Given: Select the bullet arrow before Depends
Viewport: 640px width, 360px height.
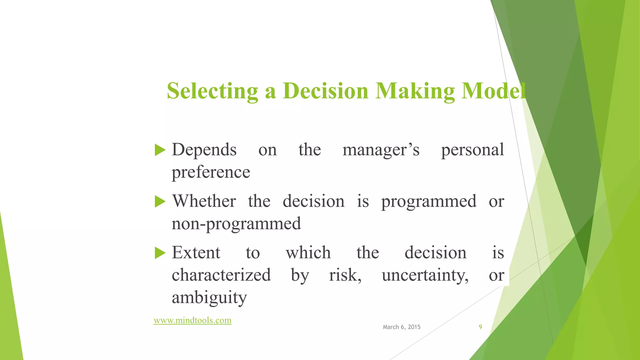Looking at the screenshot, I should pyautogui.click(x=160, y=150).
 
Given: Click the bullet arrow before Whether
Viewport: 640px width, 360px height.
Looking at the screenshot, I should pyautogui.click(x=160, y=202).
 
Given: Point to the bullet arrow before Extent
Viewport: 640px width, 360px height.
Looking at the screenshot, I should pyautogui.click(x=160, y=253).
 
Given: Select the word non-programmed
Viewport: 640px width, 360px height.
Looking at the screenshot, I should pyautogui.click(x=236, y=224).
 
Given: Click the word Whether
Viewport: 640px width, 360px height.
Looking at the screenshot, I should pyautogui.click(x=204, y=201).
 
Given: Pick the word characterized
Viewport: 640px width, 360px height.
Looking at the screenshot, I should pyautogui.click(x=221, y=275).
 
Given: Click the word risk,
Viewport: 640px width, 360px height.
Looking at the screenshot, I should pyautogui.click(x=345, y=275).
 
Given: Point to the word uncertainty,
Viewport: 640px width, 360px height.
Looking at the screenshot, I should pyautogui.click(x=425, y=275).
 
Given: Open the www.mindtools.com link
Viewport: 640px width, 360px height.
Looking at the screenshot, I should pyautogui.click(x=192, y=320).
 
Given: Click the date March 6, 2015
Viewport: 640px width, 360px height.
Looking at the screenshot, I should pyautogui.click(x=402, y=327).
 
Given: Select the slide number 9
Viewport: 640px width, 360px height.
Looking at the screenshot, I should pyautogui.click(x=480, y=327).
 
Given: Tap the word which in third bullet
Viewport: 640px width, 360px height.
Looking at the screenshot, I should pyautogui.click(x=308, y=252).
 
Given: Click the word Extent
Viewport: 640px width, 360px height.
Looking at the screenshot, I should pyautogui.click(x=196, y=252).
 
